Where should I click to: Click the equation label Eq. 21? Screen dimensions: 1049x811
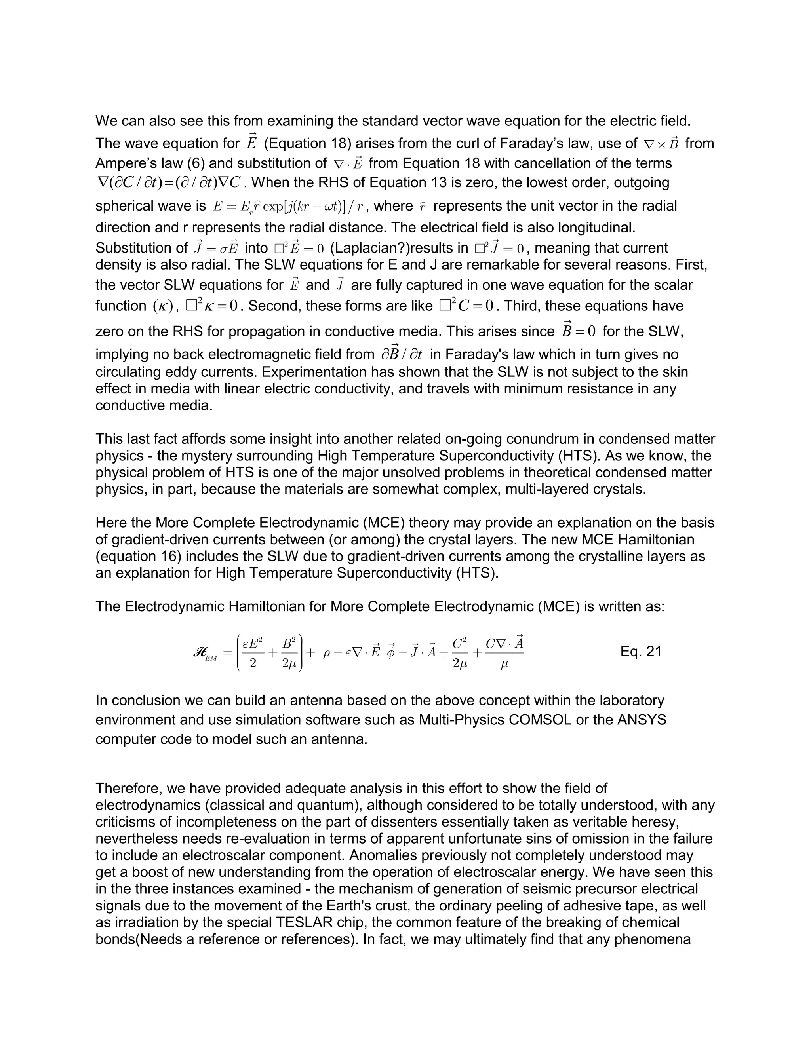(641, 652)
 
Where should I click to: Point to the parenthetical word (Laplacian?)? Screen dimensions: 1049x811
(369, 248)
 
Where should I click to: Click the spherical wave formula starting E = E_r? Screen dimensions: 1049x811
(288, 207)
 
